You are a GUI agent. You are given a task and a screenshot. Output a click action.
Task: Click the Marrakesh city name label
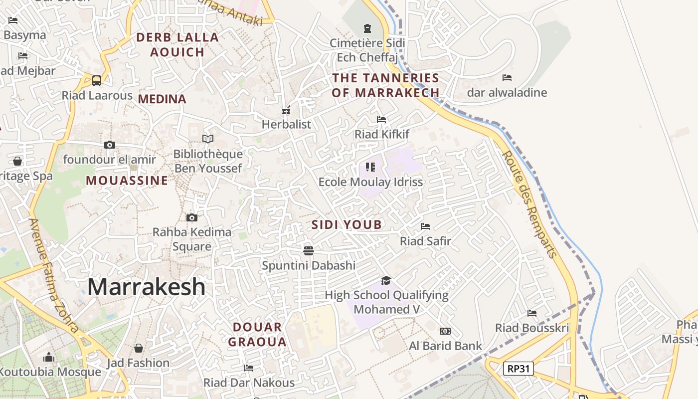146,287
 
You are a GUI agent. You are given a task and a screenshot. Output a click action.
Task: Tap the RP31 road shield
519,369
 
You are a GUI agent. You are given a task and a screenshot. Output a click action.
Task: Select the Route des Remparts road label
529,204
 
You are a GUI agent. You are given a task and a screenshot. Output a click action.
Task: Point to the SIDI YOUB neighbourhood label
347,225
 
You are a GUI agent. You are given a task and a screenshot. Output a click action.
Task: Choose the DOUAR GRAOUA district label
257,335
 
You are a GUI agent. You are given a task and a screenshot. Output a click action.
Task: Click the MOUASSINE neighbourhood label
127,181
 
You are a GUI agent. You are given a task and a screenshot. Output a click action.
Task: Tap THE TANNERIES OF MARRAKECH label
386,85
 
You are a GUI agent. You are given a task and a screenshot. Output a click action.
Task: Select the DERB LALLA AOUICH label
177,44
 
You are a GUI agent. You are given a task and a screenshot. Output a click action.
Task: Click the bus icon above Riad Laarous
97,80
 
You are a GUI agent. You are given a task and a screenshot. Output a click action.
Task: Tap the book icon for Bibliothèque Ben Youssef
208,139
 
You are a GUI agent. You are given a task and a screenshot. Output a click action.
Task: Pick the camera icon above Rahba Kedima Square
192,217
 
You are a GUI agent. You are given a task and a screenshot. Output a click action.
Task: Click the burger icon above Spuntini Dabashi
309,250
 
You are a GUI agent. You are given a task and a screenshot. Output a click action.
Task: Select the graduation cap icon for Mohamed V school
386,280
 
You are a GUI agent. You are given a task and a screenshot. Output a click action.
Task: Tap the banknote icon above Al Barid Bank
445,331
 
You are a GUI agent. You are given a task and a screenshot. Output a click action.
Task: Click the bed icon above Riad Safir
425,226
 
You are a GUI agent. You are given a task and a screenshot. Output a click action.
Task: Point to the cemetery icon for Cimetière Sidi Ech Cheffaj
367,28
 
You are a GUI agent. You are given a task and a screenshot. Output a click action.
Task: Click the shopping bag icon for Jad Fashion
139,348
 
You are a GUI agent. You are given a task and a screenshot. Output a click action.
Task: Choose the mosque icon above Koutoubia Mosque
49,357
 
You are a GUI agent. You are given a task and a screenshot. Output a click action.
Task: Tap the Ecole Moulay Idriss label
370,182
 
